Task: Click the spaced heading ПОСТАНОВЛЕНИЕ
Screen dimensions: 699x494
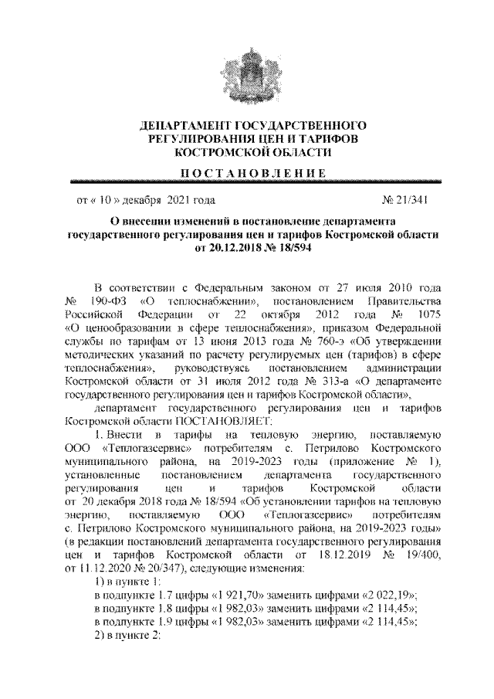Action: point(247,171)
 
